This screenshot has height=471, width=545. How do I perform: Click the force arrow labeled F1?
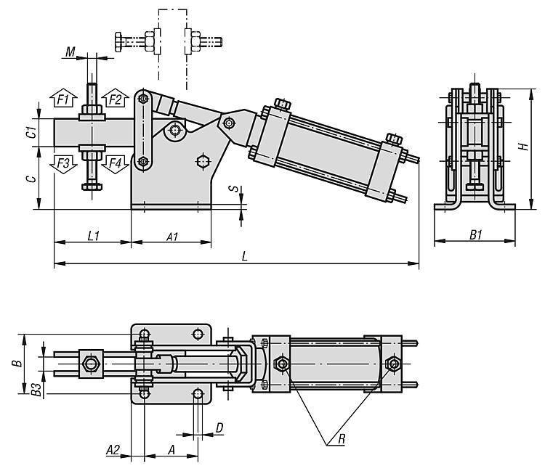click(x=63, y=99)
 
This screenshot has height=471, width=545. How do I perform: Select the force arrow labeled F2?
click(x=115, y=99)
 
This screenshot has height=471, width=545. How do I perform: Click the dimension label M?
click(x=70, y=52)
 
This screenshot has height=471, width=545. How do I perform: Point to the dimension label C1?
click(x=32, y=132)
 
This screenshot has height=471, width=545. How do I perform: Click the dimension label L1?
click(x=93, y=236)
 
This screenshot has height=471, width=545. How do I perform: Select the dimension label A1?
click(x=172, y=237)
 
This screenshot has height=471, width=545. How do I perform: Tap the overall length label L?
click(x=244, y=257)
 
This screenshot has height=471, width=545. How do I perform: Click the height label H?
click(x=523, y=147)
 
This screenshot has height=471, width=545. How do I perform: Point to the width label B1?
click(x=476, y=235)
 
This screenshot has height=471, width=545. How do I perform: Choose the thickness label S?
click(x=235, y=189)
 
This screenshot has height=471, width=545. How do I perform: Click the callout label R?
click(x=342, y=439)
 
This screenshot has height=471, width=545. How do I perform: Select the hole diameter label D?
click(x=219, y=428)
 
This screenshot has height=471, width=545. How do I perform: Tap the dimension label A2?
click(x=113, y=450)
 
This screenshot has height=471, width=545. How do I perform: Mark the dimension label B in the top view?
click(x=17, y=363)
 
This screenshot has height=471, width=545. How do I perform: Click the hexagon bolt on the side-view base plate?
click(x=203, y=161)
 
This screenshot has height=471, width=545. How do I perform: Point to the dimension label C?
click(x=32, y=179)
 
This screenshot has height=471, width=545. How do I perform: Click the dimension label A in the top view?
click(x=171, y=450)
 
